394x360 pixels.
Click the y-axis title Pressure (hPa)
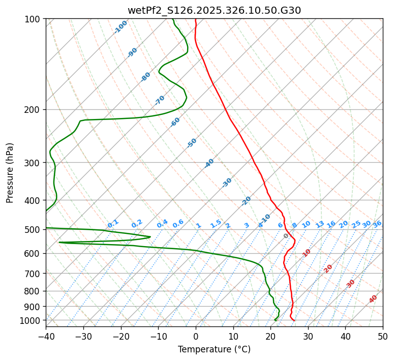click(x=10, y=173)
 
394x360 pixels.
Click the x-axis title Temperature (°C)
click(x=214, y=350)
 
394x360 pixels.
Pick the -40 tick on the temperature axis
click(x=46, y=337)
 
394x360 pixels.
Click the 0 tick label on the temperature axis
click(x=196, y=337)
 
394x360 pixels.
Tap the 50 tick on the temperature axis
click(x=383, y=337)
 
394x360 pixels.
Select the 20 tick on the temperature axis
click(x=270, y=337)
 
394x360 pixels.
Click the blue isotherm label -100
click(x=121, y=27)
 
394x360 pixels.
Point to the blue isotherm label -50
click(x=192, y=143)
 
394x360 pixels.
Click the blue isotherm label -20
click(x=246, y=201)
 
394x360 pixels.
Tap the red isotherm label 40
click(x=373, y=299)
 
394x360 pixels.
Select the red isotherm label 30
click(x=351, y=284)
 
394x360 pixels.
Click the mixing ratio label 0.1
click(x=113, y=224)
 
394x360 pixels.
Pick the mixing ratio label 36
click(x=377, y=224)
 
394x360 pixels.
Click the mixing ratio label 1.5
click(x=216, y=223)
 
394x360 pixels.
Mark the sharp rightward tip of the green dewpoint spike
click(x=150, y=237)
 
